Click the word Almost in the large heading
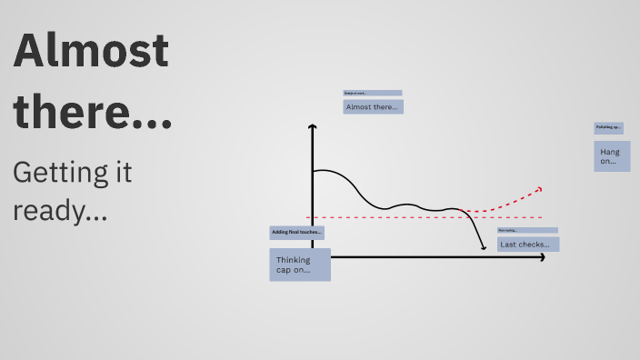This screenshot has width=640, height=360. point(91,52)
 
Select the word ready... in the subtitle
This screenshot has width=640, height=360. point(60,211)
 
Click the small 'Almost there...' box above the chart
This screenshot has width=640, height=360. point(373,106)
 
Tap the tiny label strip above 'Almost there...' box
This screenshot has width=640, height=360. point(373,93)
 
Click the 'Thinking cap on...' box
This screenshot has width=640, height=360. point(300,265)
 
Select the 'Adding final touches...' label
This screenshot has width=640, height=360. point(297,233)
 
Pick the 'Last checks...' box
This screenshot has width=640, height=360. point(528,244)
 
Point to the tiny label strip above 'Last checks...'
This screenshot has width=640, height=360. point(527,231)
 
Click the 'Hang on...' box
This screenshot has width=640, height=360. point(612,156)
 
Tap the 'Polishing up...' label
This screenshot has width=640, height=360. point(608,127)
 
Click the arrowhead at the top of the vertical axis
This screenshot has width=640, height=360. point(312,127)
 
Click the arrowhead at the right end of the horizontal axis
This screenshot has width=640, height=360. point(542,257)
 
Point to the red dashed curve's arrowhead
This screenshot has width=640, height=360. point(539,189)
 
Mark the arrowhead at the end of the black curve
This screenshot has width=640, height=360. point(484,246)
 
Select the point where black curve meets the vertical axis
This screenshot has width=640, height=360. point(313,171)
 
